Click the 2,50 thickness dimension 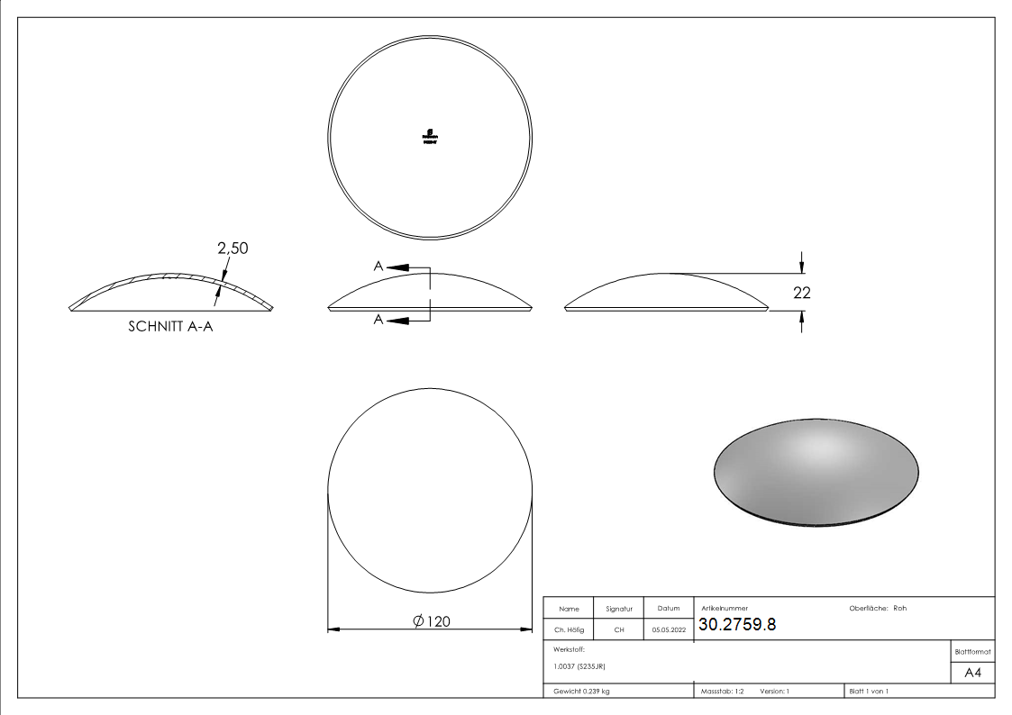[x=232, y=248]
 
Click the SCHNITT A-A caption [x=171, y=327]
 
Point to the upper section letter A [x=378, y=266]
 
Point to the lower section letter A [x=378, y=320]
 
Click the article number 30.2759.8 [x=736, y=625]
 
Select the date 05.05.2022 [x=669, y=630]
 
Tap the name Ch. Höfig [x=569, y=630]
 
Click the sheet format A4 [x=972, y=672]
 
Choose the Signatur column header [x=618, y=609]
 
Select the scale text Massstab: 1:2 [x=723, y=691]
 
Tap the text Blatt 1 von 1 [x=869, y=691]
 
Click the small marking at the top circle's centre [x=430, y=136]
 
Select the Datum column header [x=668, y=609]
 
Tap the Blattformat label [x=972, y=651]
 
